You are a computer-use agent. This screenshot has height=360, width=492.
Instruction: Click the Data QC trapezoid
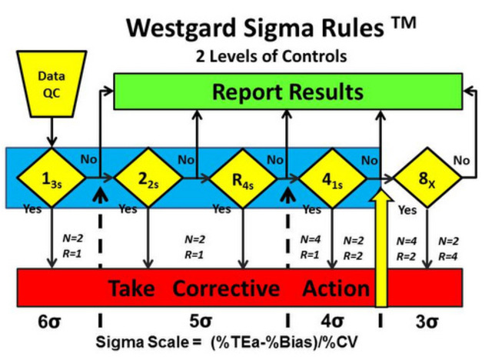[52, 84]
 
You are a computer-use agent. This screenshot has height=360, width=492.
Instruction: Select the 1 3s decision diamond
[52, 178]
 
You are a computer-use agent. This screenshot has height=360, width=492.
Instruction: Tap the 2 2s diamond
[148, 178]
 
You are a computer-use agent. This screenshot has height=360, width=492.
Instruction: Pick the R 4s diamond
[243, 178]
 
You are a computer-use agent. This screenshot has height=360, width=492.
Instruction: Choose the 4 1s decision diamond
[333, 178]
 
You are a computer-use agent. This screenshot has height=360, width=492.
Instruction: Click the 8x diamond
[427, 178]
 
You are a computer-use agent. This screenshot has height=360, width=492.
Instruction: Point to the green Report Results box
[288, 92]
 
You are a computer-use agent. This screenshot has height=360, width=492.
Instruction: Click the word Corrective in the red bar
[226, 288]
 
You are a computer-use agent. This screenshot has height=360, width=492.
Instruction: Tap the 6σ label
[49, 322]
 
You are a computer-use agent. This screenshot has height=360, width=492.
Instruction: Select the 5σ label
[201, 322]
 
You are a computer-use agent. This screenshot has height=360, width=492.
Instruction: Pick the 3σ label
[427, 322]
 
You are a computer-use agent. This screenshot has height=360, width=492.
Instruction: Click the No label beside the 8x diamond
[461, 161]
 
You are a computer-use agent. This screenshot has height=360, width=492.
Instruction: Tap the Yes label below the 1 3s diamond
[32, 208]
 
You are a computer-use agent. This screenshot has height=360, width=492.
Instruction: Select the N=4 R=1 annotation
[310, 248]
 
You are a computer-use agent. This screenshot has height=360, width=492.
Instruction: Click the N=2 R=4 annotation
[448, 249]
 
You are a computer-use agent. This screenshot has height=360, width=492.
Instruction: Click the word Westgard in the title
[181, 28]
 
